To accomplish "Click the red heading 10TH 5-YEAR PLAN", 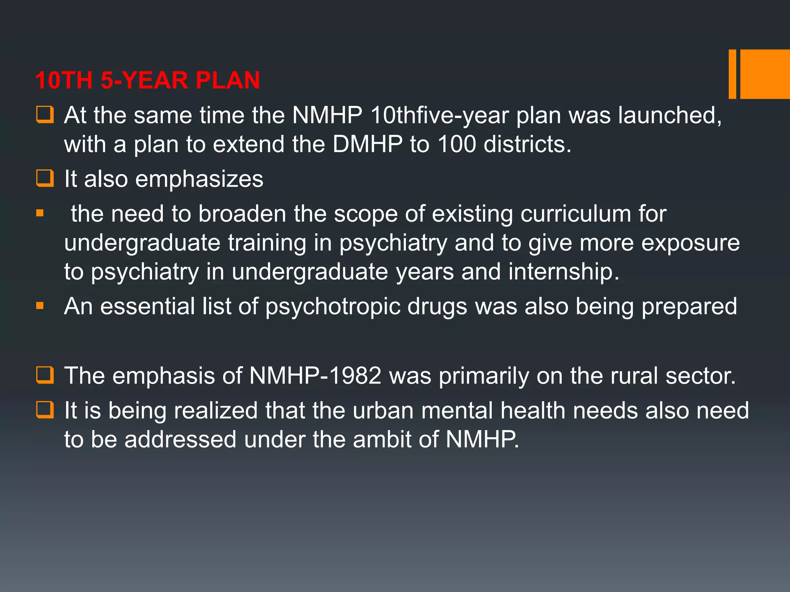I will click(x=147, y=80).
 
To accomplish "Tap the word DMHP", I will click(x=367, y=145).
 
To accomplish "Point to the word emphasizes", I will click(x=199, y=179).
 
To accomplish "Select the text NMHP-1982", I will click(x=315, y=376).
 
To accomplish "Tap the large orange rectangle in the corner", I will click(x=765, y=74).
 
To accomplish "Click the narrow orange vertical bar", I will click(x=732, y=74).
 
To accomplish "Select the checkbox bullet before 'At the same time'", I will click(x=45, y=115).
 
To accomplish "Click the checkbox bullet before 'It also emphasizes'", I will click(x=45, y=178).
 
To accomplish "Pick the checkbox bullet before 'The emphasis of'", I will click(x=45, y=375).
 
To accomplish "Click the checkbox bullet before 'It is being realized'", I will click(x=45, y=410).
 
